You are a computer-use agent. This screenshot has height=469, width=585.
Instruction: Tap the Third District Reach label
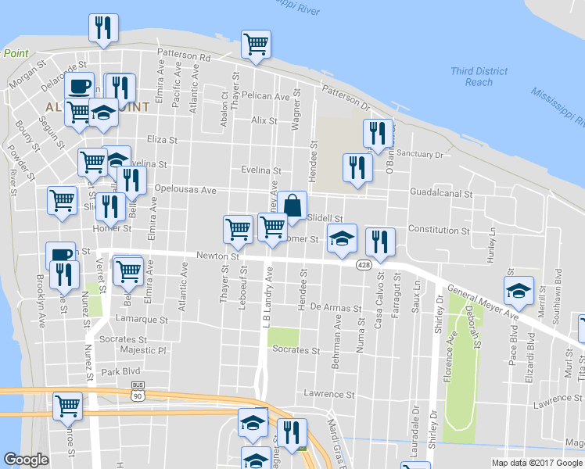(472, 77)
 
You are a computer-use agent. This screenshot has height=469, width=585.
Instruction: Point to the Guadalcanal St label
(442, 192)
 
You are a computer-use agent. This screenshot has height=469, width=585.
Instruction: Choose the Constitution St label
(438, 231)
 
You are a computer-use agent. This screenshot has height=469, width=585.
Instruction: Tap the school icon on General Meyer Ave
(519, 292)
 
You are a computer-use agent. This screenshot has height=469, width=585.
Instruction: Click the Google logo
(27, 460)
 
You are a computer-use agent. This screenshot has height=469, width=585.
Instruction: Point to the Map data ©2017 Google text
(537, 463)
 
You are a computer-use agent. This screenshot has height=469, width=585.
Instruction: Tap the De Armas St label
(332, 307)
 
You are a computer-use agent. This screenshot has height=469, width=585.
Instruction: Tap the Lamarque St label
(142, 320)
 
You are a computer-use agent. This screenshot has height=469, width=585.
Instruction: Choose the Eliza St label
(163, 139)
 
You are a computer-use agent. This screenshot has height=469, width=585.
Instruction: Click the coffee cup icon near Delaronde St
(79, 85)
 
